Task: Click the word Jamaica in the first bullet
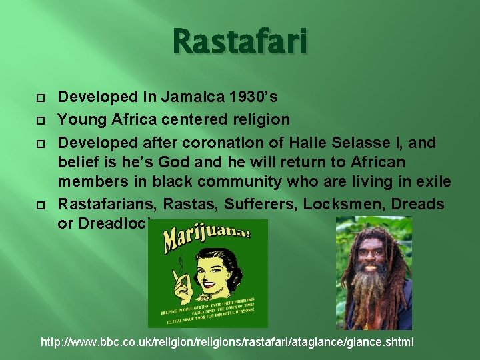coord(201,97)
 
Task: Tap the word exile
coord(434,182)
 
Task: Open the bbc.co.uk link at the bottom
coord(227,342)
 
